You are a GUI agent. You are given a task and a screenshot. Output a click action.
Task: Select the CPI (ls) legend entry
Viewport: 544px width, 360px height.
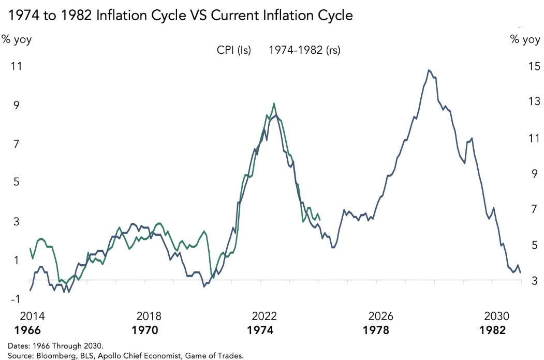[x=233, y=50]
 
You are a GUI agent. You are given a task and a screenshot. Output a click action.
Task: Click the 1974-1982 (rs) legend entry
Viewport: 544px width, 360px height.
[x=304, y=50]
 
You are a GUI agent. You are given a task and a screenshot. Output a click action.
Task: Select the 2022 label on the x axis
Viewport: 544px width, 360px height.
[x=265, y=316]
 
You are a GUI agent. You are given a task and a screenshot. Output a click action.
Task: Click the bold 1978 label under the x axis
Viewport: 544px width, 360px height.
[x=381, y=330]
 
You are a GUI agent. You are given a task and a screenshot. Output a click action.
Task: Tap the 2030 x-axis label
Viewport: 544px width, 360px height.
[x=497, y=316]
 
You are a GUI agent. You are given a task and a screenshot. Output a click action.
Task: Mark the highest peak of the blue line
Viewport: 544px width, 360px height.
[x=429, y=70]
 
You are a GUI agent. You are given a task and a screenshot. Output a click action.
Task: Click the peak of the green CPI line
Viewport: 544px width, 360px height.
[x=274, y=103]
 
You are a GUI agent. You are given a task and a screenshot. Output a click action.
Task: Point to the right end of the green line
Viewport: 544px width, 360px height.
[x=320, y=220]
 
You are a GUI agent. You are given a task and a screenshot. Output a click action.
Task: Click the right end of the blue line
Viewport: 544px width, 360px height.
[x=520, y=272]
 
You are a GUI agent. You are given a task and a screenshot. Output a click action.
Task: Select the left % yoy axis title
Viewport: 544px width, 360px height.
[x=17, y=40]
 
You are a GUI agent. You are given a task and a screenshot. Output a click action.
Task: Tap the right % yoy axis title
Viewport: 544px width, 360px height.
[x=525, y=40]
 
